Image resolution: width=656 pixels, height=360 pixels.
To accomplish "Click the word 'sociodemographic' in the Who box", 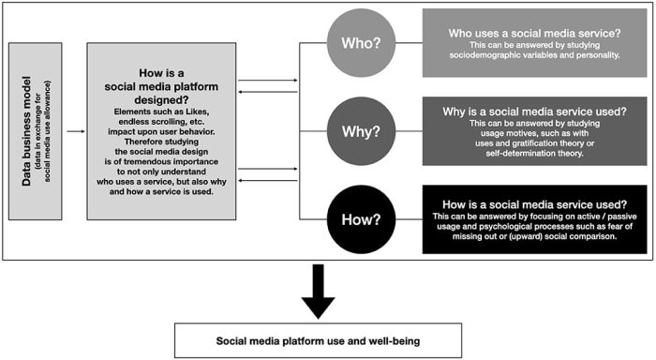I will click(x=485, y=56).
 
